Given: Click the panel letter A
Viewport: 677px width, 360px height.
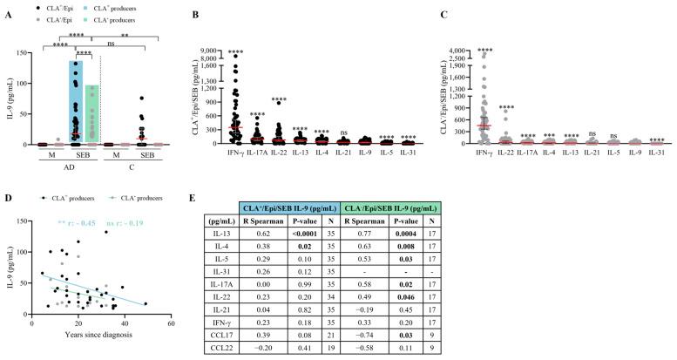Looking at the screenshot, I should point(6,7).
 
